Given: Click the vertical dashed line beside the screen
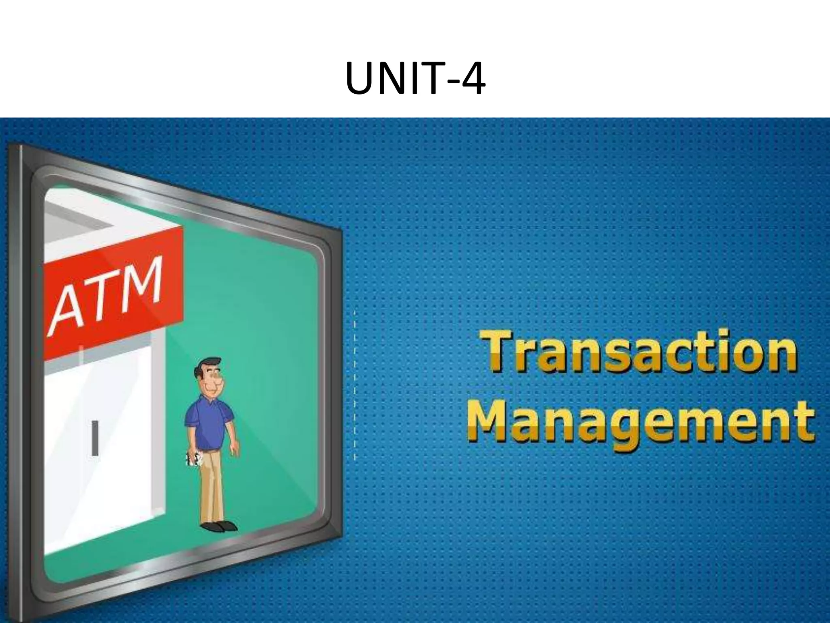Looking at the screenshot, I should pyautogui.click(x=355, y=385).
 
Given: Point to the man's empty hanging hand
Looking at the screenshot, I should pyautogui.click(x=234, y=449).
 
